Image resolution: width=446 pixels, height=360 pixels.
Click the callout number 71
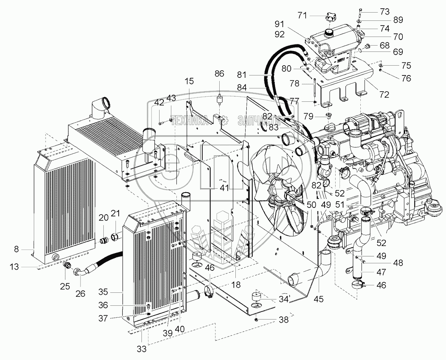[x=302, y=15]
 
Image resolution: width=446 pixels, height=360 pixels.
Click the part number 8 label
[x=16, y=249]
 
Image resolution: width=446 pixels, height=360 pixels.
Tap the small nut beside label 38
[x=257, y=319]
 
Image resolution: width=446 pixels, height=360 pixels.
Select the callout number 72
[x=384, y=94]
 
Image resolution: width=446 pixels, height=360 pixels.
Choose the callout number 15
[x=189, y=81]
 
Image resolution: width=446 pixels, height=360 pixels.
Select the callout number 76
[x=406, y=78]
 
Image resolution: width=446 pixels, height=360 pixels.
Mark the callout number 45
[x=319, y=299]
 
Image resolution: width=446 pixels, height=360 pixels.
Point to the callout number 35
[x=103, y=292]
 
